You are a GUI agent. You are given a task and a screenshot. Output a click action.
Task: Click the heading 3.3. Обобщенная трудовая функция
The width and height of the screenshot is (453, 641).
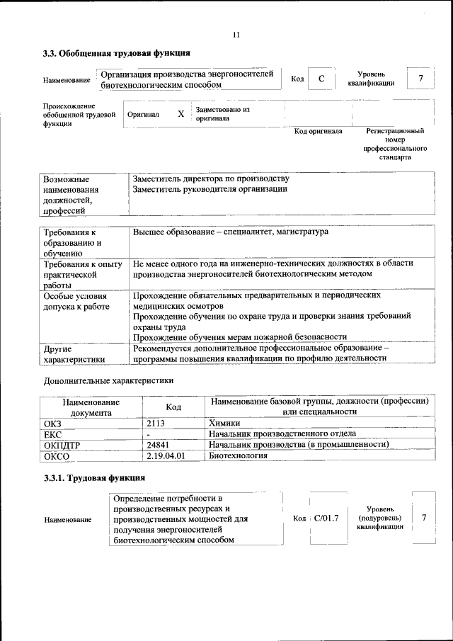116,53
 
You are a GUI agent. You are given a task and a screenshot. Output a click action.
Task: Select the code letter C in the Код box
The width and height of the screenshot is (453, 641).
321,79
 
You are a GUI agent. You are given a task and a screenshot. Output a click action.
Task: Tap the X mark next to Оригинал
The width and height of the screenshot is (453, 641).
180,114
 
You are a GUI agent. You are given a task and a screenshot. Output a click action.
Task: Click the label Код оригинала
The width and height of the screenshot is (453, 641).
318,131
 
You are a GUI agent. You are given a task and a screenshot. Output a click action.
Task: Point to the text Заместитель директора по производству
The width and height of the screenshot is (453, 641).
211,178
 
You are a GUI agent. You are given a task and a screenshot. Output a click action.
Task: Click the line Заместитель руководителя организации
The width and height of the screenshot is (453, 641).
210,189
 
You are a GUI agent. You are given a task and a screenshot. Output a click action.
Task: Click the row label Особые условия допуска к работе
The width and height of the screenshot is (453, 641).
76,301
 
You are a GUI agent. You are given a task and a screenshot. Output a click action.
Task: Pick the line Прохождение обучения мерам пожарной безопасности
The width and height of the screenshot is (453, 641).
239,336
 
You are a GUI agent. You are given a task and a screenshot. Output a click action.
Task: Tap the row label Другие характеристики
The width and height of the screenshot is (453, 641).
74,353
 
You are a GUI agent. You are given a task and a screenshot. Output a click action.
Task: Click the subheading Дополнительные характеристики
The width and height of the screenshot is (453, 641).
108,380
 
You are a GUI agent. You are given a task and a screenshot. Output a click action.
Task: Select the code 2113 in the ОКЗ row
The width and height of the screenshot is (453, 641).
156,423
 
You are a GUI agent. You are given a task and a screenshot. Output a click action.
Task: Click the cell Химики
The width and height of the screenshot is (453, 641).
224,423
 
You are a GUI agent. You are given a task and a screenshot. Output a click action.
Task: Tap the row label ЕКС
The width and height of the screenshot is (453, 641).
53,433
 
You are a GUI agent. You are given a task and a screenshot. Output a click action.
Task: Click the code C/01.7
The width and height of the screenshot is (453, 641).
326,518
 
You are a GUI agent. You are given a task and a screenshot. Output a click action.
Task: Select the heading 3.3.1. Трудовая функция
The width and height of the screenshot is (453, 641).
94,478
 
